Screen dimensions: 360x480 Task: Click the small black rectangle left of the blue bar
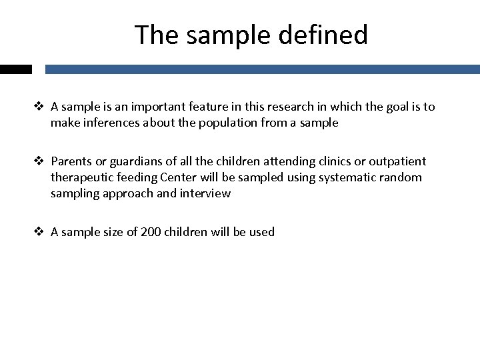[x=16, y=69]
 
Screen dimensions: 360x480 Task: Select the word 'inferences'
[x=110, y=123]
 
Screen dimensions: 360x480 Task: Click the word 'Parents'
[x=71, y=161]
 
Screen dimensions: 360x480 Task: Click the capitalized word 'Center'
[x=175, y=177]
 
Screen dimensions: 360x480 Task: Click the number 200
[x=151, y=232]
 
